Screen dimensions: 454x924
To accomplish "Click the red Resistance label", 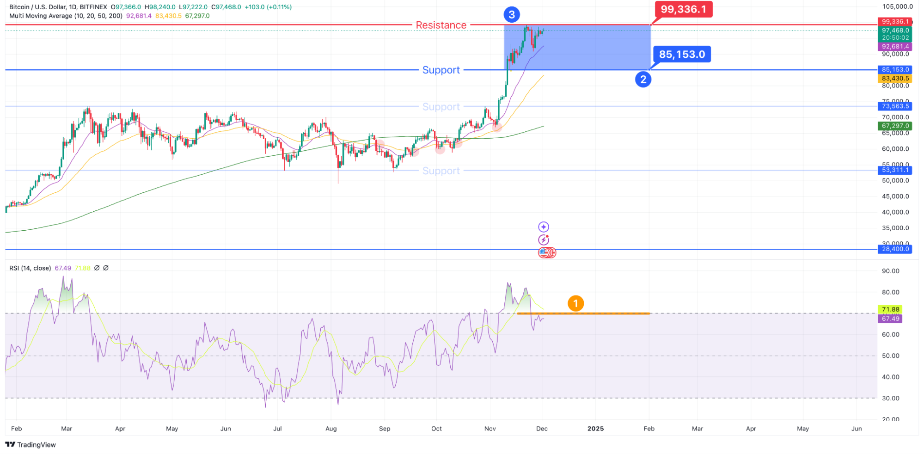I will (441, 25).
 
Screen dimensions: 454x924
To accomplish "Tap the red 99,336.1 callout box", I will (683, 9).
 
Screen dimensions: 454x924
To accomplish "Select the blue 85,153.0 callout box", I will (682, 55).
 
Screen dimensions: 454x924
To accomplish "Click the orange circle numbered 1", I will (575, 304).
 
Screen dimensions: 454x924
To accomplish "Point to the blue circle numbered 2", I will (643, 80).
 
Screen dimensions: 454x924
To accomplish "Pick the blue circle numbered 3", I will (512, 15).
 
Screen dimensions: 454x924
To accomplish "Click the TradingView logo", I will (31, 445).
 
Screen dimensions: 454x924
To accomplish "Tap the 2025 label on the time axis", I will (595, 429).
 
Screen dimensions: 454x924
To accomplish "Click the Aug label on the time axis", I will (331, 429).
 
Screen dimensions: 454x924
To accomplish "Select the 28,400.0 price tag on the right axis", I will (895, 249).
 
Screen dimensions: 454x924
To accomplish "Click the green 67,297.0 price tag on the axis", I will (895, 126).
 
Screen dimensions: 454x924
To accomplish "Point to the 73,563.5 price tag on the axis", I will (895, 106).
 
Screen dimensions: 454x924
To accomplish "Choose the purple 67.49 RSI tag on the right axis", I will (890, 319).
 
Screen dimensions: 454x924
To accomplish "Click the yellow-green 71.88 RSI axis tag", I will (890, 309).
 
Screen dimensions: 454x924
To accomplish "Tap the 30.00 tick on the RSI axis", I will (890, 398).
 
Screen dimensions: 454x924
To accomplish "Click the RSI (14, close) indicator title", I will (30, 268).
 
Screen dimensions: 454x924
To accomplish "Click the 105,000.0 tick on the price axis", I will (897, 6).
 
